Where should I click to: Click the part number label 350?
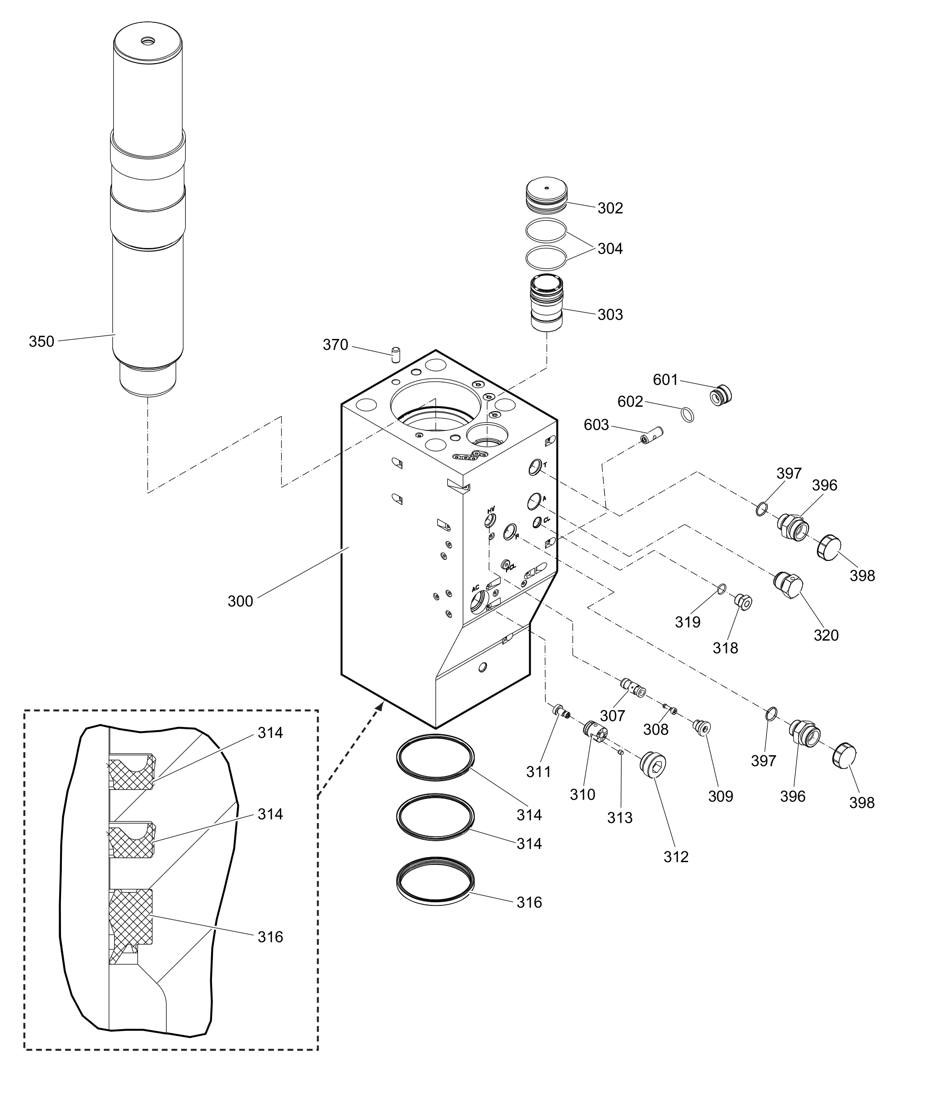(x=41, y=342)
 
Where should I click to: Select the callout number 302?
(x=610, y=208)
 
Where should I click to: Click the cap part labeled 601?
(x=721, y=395)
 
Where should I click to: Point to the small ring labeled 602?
(x=687, y=414)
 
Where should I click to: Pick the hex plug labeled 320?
(x=788, y=585)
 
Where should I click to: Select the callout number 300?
(x=240, y=601)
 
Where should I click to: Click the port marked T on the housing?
(x=535, y=467)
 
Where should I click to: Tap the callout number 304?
(x=610, y=249)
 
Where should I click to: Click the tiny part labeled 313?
(x=621, y=752)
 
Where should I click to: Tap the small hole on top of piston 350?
(x=147, y=40)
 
